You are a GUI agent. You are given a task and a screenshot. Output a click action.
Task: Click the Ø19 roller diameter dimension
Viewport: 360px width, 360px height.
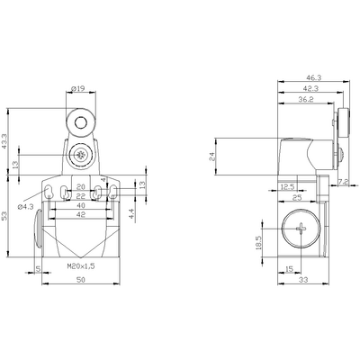click(x=78, y=88)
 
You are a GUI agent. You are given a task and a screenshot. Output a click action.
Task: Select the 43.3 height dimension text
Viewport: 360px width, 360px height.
click(x=4, y=141)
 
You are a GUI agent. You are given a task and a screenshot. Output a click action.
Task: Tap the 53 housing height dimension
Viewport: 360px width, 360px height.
click(x=4, y=216)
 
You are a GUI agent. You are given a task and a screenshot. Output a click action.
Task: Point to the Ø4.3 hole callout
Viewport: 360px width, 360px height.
click(x=25, y=207)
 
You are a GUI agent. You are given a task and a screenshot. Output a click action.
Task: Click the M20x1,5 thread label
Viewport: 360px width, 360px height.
click(x=81, y=266)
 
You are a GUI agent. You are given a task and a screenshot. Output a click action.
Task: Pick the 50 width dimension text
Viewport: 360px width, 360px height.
click(x=81, y=280)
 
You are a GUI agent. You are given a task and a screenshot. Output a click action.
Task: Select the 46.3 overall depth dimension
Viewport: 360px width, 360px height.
click(x=314, y=77)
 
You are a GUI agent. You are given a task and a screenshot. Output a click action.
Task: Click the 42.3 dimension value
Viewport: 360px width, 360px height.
click(x=310, y=88)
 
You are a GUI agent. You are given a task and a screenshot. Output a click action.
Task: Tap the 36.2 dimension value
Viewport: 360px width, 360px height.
click(x=306, y=100)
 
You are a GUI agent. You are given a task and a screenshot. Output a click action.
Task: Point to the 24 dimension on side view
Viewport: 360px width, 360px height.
click(x=212, y=157)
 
